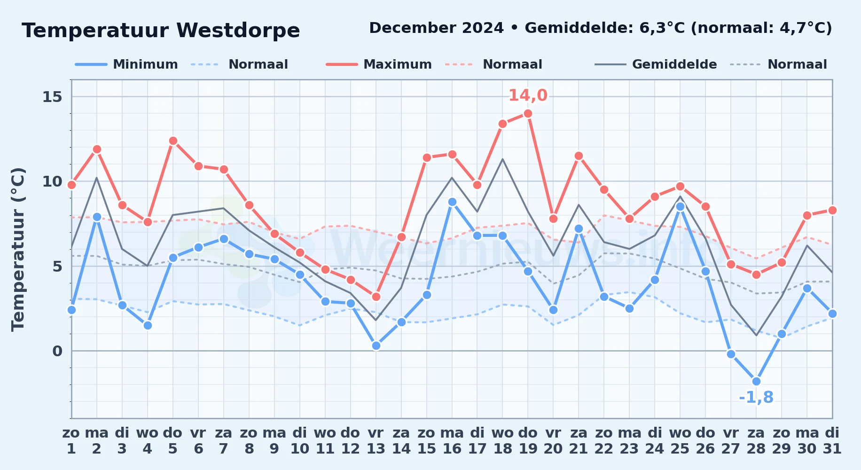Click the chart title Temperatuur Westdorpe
[161, 31]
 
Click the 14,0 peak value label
[528, 95]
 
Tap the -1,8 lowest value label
[756, 398]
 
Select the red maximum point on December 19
[528, 113]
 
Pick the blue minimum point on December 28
[756, 381]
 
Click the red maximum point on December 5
[173, 141]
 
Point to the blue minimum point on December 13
[376, 345]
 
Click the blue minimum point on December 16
[452, 202]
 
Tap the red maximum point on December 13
[376, 297]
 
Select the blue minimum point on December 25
[680, 206]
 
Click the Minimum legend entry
[126, 64]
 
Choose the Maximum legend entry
[379, 64]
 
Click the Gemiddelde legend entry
[656, 64]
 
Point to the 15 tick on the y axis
[52, 97]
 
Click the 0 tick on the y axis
[57, 351]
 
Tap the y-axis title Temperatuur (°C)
[18, 249]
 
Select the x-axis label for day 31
[832, 441]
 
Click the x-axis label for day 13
[376, 441]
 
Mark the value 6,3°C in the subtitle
[662, 28]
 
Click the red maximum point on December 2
[97, 149]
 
